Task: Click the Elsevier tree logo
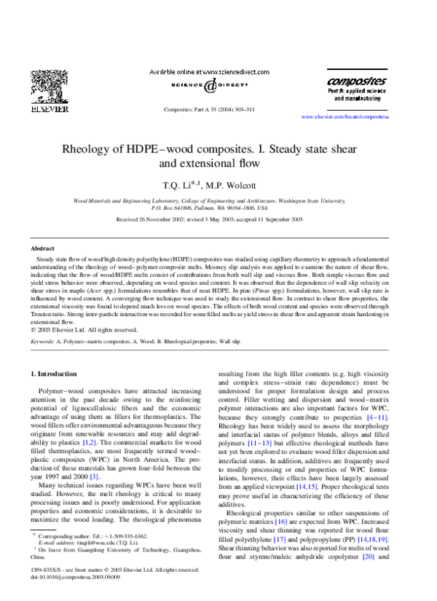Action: click(49, 86)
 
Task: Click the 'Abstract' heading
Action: click(42, 248)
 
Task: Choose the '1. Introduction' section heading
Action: click(57, 374)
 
